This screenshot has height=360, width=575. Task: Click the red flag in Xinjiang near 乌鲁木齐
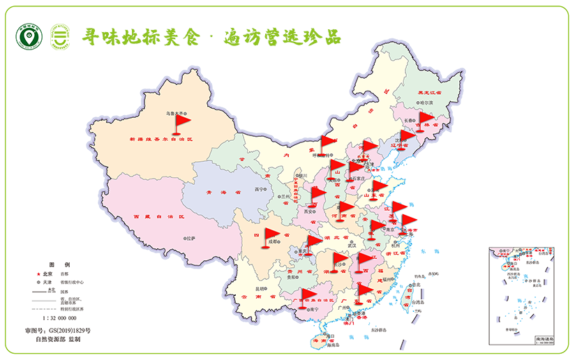click(181, 122)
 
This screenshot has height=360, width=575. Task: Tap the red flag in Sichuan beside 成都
click(270, 237)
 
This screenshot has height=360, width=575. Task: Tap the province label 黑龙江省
click(429, 92)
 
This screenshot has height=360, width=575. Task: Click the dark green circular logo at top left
click(29, 38)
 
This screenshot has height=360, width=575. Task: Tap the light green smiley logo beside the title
click(59, 38)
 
